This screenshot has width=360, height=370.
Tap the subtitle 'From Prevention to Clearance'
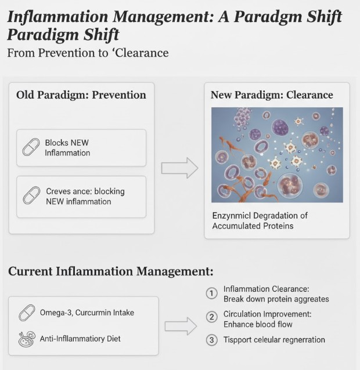coord(88,53)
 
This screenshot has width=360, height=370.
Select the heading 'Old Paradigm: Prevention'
coord(81,95)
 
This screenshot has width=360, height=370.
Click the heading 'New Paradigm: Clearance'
coord(271,95)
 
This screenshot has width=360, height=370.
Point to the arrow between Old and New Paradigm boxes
coord(179,168)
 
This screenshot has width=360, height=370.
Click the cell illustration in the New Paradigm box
coord(277,155)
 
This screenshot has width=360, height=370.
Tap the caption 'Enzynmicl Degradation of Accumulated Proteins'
coord(259,220)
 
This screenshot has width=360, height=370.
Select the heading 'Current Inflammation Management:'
coord(110,271)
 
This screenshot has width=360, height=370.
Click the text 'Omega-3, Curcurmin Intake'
coord(87,313)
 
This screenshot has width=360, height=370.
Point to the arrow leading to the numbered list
coord(181,326)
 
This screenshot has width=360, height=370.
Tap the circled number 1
coord(212,293)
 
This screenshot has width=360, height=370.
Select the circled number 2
coord(212,317)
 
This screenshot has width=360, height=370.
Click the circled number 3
coord(212,340)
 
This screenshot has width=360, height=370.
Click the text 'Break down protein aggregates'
coord(276,299)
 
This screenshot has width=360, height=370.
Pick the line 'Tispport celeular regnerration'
coord(274,340)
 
